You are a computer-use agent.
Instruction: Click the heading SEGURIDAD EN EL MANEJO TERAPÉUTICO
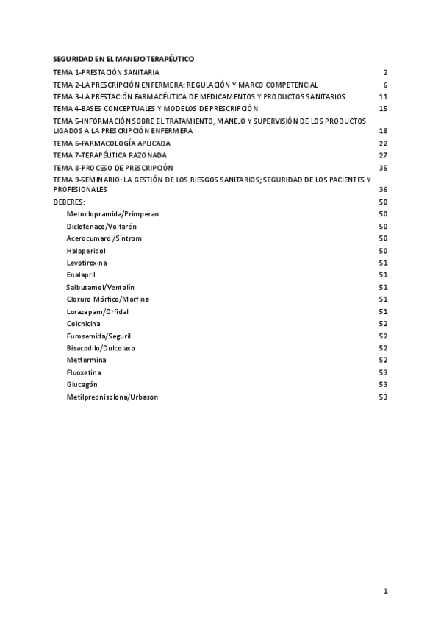coord(123,58)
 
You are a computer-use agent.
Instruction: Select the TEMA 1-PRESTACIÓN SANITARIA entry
coord(107,73)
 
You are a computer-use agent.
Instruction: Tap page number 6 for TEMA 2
coord(384,85)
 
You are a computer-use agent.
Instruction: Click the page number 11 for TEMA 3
coord(383,97)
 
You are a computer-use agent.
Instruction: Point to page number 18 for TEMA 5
coord(383,131)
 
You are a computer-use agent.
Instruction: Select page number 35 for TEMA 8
coord(383,168)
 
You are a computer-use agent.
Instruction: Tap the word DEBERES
coord(69,202)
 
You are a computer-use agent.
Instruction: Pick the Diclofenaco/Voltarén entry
coord(101,226)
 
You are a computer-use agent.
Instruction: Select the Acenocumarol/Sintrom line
coord(104,238)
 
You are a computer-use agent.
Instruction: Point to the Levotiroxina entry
coord(85,263)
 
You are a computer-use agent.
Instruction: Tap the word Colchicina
coord(84,324)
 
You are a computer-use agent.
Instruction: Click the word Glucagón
coord(82,385)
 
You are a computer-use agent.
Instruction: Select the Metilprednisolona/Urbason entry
coord(112,397)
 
